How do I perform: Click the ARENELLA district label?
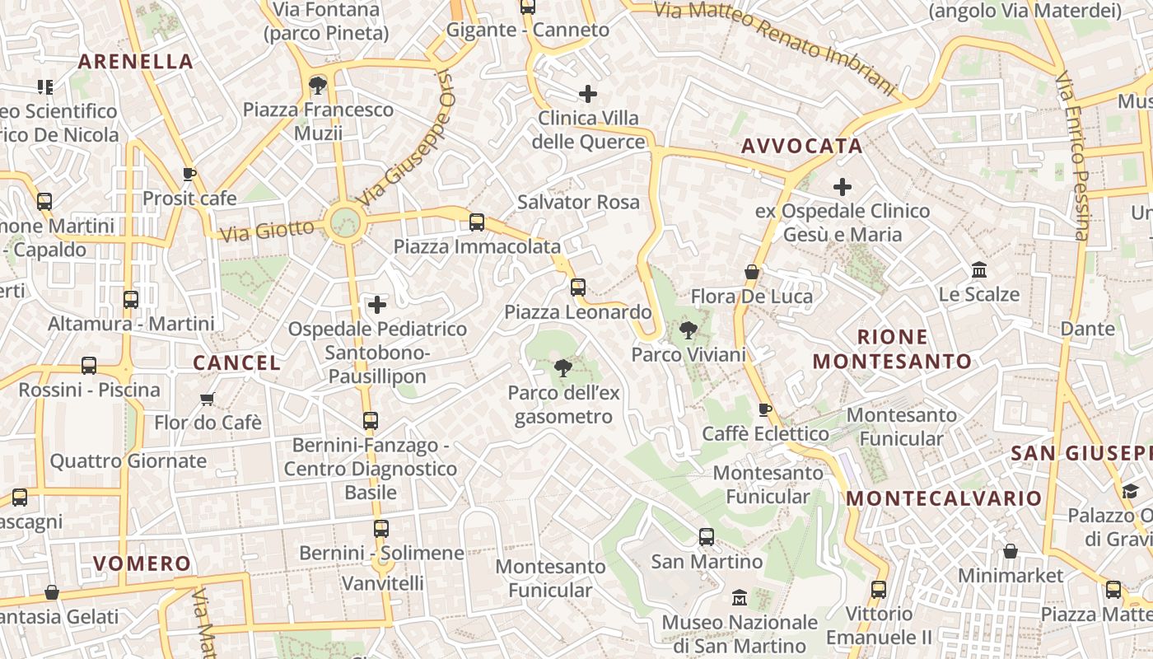tap(135, 61)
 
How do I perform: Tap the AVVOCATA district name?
tap(801, 146)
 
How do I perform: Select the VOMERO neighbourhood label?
tap(142, 563)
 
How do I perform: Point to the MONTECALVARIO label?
tap(944, 498)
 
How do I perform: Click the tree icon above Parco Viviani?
tap(688, 330)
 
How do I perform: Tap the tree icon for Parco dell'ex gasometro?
tap(563, 367)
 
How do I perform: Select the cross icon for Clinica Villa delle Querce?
tap(588, 94)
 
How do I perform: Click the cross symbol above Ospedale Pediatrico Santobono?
tap(377, 305)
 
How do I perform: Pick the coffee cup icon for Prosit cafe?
tap(189, 174)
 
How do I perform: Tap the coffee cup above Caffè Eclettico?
tap(765, 409)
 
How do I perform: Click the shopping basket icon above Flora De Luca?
tap(752, 272)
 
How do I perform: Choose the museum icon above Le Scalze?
tap(979, 270)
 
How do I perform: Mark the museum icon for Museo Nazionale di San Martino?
tap(740, 597)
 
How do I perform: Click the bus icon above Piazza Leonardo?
tap(578, 287)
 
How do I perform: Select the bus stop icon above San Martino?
tap(707, 537)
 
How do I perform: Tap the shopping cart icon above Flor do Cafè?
tap(208, 399)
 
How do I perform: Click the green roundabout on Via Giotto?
tap(344, 222)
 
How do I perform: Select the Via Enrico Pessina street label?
tap(1072, 157)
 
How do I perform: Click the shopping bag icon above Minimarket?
tap(1011, 551)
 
